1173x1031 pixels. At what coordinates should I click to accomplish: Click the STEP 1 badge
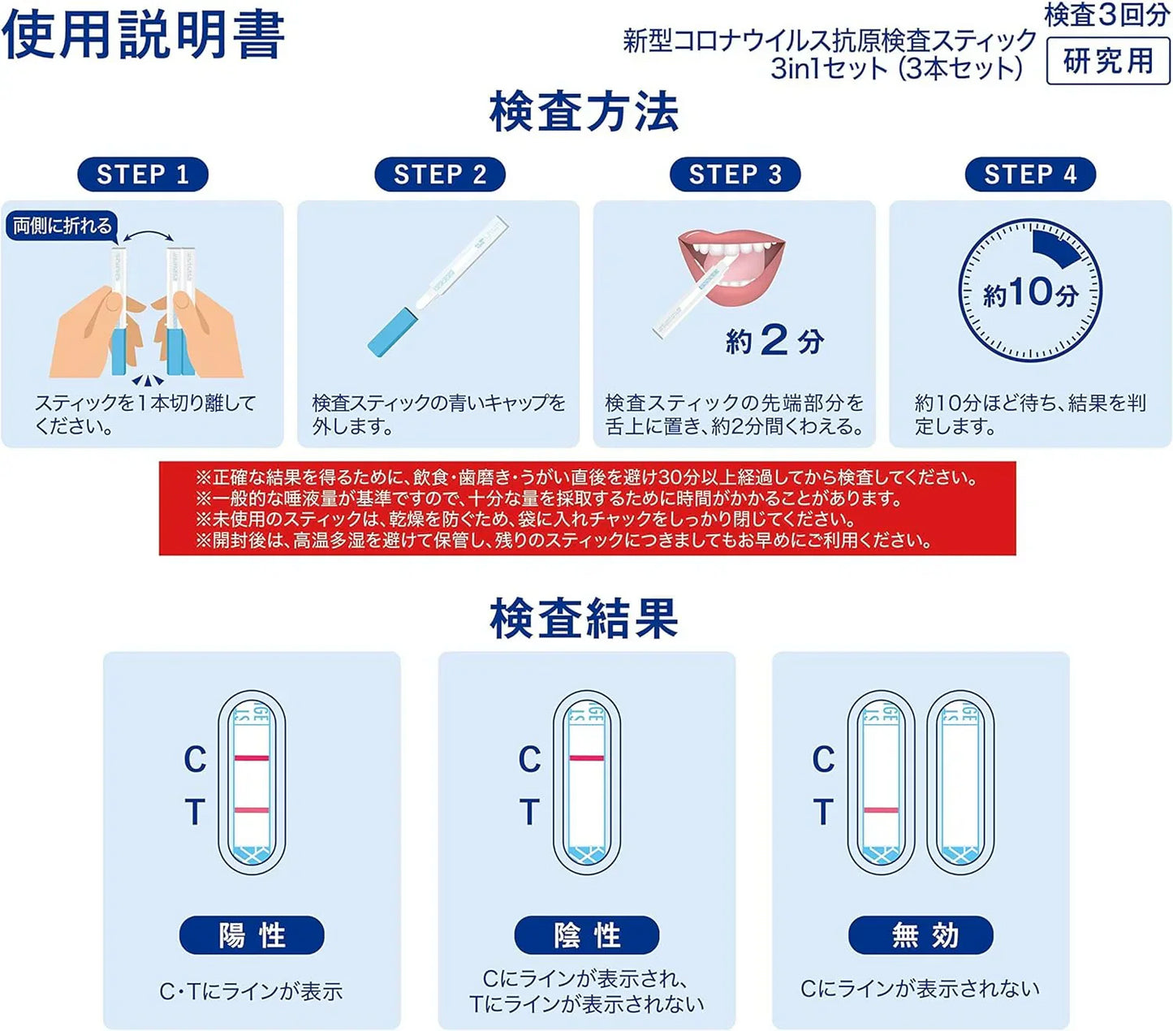click(142, 175)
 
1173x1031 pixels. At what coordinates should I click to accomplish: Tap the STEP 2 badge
click(439, 175)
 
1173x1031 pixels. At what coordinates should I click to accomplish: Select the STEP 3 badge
click(735, 175)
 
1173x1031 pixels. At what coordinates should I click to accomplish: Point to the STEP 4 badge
click(1030, 175)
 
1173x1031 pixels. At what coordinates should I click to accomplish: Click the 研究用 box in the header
click(1108, 61)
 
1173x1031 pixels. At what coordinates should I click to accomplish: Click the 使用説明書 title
click(143, 36)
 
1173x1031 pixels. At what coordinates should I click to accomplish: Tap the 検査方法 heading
click(584, 112)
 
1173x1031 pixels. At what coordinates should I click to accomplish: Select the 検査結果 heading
click(584, 619)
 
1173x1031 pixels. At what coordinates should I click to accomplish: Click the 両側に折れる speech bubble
click(62, 226)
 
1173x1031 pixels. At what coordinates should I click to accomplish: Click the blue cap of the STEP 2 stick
click(392, 333)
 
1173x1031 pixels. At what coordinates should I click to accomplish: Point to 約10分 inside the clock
click(1030, 293)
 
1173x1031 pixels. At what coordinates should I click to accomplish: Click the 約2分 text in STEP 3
click(774, 341)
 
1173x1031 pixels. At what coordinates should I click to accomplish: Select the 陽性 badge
click(252, 935)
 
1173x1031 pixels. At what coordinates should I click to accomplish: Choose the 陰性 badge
click(586, 935)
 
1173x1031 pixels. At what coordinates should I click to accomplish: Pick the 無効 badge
click(921, 935)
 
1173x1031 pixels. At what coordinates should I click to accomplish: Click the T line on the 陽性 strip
click(252, 809)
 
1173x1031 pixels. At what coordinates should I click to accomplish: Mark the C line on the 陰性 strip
click(586, 757)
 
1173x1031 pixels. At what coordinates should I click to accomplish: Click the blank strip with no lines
click(960, 782)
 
